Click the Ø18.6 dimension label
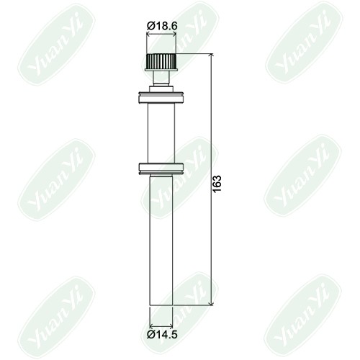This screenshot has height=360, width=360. coord(162,26)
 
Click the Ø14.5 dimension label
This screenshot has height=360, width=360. coord(162,334)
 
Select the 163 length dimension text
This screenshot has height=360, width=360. coord(217,184)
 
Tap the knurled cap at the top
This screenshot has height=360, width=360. coord(161,61)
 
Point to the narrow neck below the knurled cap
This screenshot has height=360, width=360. coord(161,78)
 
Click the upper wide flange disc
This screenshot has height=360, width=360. coord(161,97)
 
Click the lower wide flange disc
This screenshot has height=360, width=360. coord(161,168)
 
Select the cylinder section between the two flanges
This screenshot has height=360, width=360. coord(161,133)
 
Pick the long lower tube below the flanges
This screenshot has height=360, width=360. coord(161,240)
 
